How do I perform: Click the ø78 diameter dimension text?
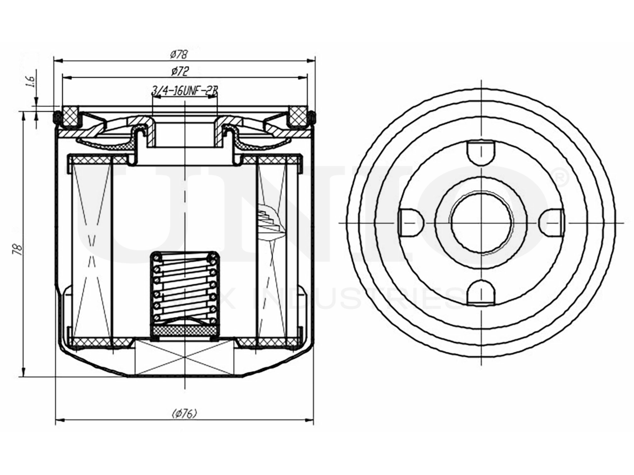pyautogui.click(x=178, y=54)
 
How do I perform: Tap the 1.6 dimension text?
pyautogui.click(x=29, y=80)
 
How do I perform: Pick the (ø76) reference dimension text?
pyautogui.click(x=184, y=413)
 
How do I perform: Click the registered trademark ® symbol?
pyautogui.click(x=557, y=175)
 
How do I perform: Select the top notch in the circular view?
pyautogui.click(x=481, y=151)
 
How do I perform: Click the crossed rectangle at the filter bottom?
pyautogui.click(x=185, y=357)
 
